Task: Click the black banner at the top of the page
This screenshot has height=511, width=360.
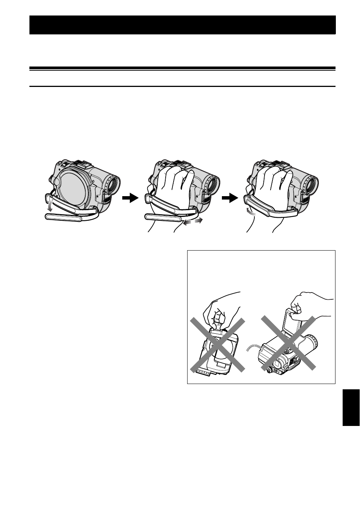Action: tap(182, 25)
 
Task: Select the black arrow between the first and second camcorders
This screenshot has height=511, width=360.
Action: tap(131, 198)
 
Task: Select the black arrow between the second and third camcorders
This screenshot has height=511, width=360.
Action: tap(230, 198)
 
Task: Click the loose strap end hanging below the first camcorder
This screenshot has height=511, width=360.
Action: tap(63, 217)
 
